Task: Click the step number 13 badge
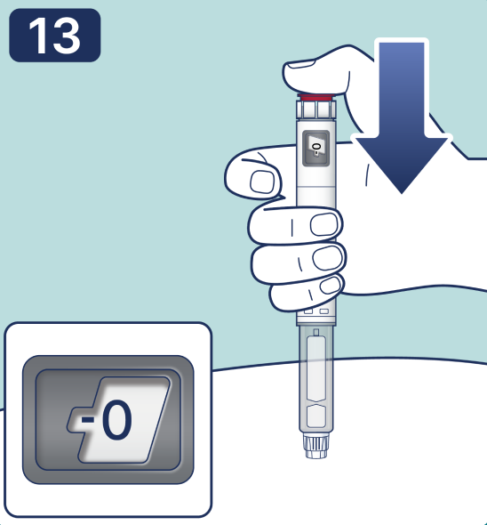tap(54, 36)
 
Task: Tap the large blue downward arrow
tap(402, 116)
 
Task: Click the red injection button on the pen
tap(315, 97)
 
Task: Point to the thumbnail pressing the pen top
tap(301, 64)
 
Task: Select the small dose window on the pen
tap(315, 148)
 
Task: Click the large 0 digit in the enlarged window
tap(116, 419)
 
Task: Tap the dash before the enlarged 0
tap(88, 419)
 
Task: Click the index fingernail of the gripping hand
tap(262, 182)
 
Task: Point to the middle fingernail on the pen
tap(323, 224)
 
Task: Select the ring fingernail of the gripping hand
tap(327, 257)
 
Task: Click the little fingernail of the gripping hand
tap(330, 286)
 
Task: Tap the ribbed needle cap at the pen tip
tap(316, 446)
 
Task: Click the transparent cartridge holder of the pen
tap(316, 379)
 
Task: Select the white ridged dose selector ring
tap(315, 109)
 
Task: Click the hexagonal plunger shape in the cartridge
tap(316, 416)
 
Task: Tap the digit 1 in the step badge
tap(38, 36)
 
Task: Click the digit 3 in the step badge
tap(67, 36)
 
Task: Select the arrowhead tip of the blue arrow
tap(402, 193)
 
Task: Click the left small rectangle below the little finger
tap(308, 311)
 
